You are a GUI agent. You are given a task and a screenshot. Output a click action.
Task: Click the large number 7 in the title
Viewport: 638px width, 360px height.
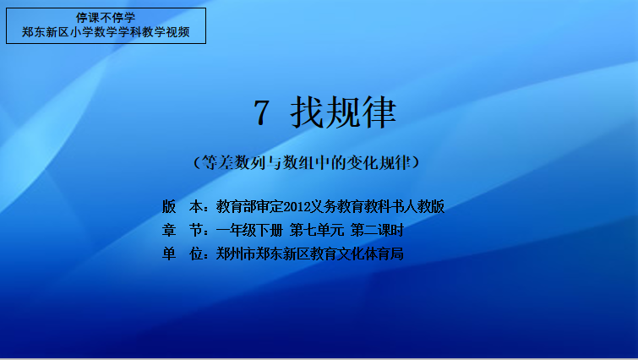261,112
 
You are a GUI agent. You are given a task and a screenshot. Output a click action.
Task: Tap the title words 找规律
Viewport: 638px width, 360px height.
343,112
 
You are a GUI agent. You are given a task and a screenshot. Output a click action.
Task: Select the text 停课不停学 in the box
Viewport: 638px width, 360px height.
106,18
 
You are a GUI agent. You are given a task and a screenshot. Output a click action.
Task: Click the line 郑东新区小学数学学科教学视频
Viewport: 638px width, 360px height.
106,32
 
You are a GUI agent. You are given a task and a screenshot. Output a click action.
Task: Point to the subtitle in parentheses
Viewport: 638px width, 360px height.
307,163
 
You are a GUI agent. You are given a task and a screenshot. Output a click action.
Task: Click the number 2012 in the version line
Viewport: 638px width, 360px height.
297,207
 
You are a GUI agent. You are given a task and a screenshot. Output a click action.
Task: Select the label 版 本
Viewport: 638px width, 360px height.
183,207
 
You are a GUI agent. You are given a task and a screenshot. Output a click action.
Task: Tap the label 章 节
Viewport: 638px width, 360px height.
183,231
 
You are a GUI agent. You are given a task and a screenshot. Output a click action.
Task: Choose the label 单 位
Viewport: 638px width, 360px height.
183,254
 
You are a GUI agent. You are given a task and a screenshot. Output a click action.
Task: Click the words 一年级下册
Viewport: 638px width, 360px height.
249,231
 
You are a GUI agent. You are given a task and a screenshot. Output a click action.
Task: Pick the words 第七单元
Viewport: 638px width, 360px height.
317,231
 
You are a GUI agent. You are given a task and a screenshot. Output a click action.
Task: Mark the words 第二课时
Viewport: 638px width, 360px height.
377,231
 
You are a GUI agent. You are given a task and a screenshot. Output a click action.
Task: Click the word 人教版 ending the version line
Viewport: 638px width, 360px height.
424,207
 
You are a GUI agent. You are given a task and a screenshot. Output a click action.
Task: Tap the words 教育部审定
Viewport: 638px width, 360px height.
249,207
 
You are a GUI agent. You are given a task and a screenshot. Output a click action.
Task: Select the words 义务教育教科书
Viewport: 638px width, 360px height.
357,207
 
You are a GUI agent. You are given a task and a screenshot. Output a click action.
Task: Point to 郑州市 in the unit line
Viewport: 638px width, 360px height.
236,254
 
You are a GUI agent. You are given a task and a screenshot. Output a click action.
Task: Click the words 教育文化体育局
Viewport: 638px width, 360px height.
357,254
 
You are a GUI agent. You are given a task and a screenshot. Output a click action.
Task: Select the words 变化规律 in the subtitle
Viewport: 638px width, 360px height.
379,163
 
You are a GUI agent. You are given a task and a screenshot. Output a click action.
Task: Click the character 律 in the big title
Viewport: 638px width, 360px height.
379,112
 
